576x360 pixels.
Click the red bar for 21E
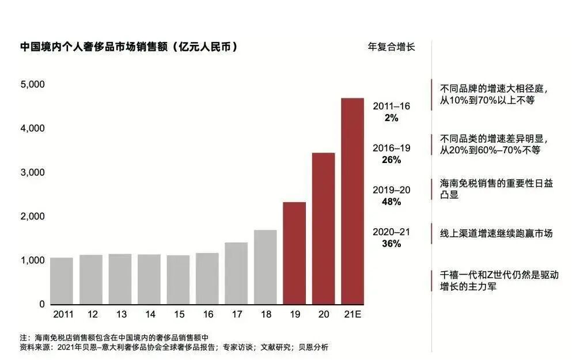(x=353, y=201)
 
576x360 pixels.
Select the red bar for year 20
(x=323, y=228)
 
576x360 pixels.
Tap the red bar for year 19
(x=294, y=253)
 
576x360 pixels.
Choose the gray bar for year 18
(x=266, y=267)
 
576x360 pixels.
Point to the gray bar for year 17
(x=236, y=273)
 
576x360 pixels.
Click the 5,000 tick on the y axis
(x=33, y=85)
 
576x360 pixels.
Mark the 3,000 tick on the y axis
(x=33, y=173)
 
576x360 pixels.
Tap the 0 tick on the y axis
(x=41, y=304)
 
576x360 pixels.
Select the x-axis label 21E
(x=353, y=315)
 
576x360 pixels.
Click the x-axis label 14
(x=149, y=315)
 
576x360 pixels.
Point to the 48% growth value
(x=391, y=202)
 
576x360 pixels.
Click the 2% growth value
(x=391, y=118)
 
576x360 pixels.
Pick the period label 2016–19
(x=391, y=148)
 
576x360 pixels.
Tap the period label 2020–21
(x=391, y=232)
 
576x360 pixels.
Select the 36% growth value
(x=391, y=244)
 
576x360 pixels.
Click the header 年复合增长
(x=391, y=47)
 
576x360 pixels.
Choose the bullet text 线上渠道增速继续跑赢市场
(x=496, y=233)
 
